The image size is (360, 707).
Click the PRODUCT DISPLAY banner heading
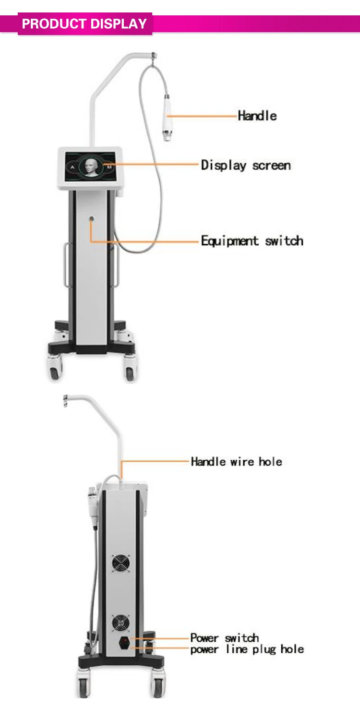tap(84, 24)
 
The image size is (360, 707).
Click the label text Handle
tap(257, 116)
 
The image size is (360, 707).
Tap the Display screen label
tap(246, 166)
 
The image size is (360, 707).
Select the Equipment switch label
tap(252, 240)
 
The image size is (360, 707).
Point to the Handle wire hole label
tap(236, 462)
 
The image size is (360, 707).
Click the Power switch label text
tap(224, 638)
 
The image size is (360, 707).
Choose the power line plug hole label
tap(247, 649)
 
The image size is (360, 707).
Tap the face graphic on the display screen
tap(91, 168)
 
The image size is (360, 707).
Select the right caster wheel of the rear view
tap(157, 686)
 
